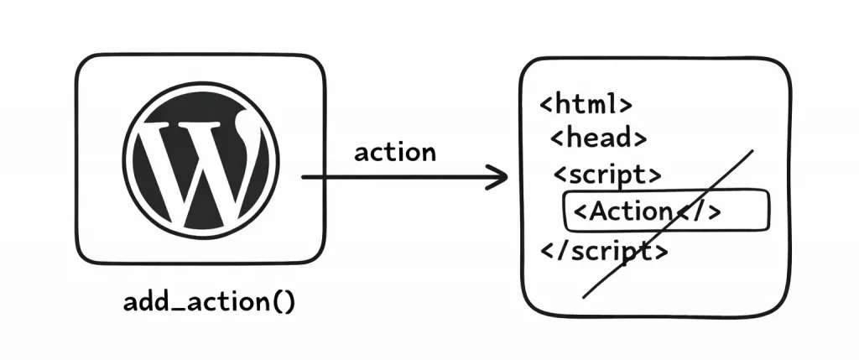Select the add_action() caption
(x=209, y=302)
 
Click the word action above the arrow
(x=395, y=153)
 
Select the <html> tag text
(x=585, y=106)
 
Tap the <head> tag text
(x=598, y=138)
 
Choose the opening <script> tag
(x=607, y=175)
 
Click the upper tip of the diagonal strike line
(x=752, y=152)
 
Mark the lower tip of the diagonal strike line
(x=585, y=296)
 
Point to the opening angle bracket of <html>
(x=545, y=107)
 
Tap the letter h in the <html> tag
(x=562, y=105)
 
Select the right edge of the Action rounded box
(x=768, y=211)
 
